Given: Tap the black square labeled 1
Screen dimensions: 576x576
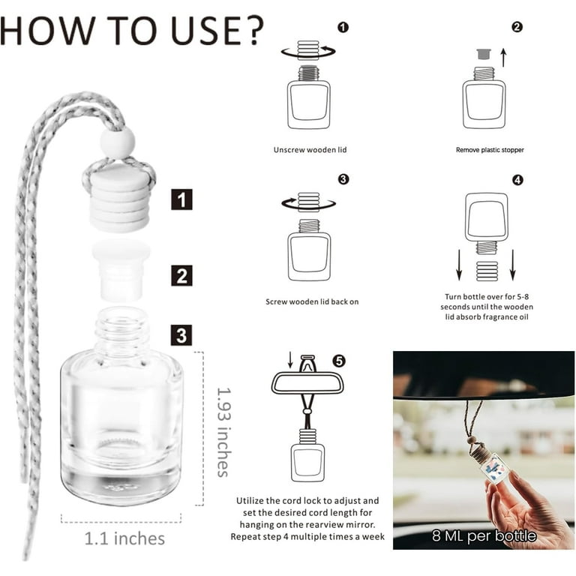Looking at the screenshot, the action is [181, 199].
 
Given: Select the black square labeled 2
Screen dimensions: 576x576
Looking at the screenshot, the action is [181, 275].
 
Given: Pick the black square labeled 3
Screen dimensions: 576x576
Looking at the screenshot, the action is [181, 335].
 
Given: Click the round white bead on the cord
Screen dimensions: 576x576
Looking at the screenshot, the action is [118, 143].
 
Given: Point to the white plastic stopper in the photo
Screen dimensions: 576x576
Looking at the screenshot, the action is [121, 270].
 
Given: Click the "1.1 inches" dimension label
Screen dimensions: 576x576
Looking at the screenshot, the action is [124, 538].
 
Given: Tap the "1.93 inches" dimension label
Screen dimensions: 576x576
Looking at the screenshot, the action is [223, 432].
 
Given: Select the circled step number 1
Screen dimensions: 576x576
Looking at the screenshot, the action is [343, 28].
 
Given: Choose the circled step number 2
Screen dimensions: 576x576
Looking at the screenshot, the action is [517, 27].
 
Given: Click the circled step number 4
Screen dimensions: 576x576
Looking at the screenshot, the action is [517, 180].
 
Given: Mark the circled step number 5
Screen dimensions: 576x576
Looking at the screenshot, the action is [339, 361].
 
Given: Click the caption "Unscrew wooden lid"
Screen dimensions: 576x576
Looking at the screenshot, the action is [310, 149].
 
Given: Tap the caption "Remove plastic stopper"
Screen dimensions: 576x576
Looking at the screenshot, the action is [490, 150].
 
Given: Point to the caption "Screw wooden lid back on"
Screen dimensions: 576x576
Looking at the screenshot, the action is [312, 301].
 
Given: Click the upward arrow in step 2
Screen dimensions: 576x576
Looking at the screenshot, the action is [504, 58].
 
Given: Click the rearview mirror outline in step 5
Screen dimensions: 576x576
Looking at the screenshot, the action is [307, 383].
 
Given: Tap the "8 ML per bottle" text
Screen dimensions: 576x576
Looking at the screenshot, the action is [484, 535].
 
